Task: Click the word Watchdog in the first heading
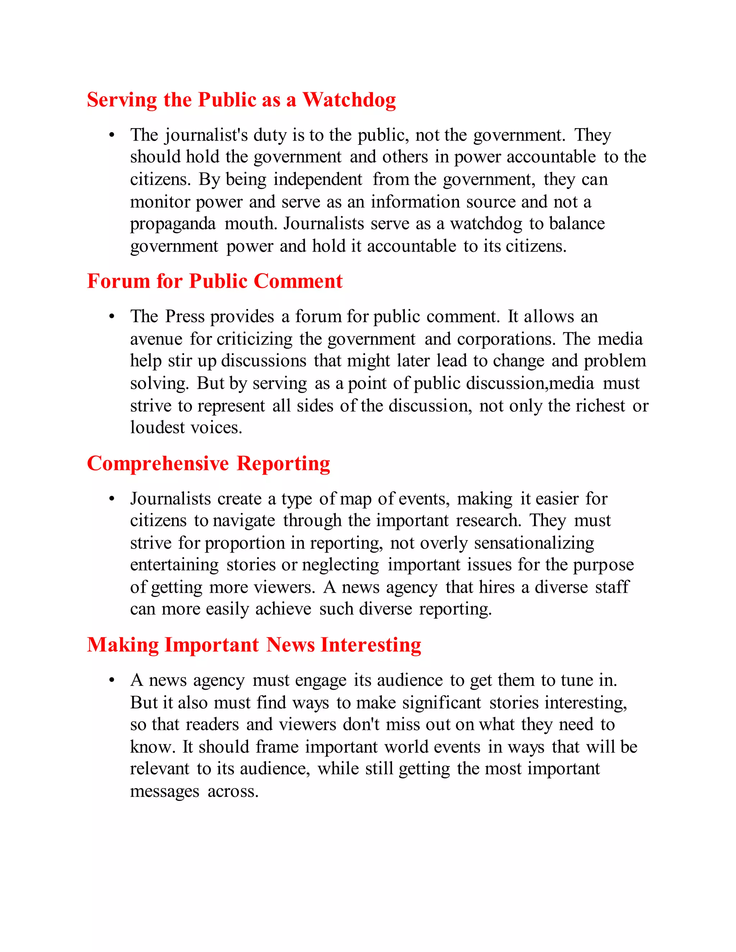[x=349, y=100]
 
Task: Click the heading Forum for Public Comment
[x=215, y=281]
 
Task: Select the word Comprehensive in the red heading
[x=157, y=463]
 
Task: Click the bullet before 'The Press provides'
[x=112, y=317]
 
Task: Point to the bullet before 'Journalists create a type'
[x=112, y=499]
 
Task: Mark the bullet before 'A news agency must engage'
[x=112, y=680]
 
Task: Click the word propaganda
[x=172, y=225]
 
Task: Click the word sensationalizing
[x=534, y=543]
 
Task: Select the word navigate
[x=244, y=521]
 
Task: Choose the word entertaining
[x=174, y=565]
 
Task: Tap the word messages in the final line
[x=164, y=791]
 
